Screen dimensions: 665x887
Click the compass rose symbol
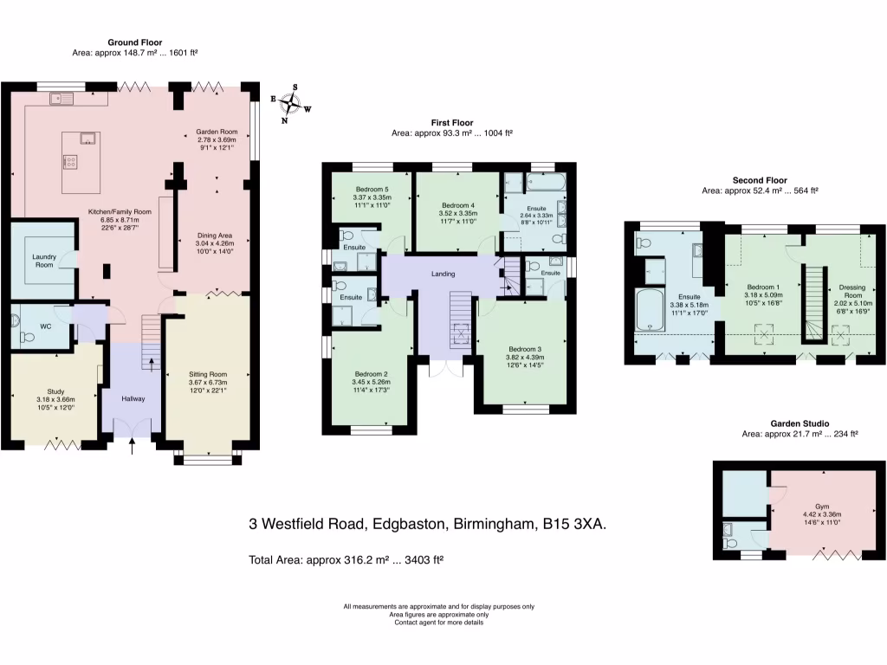coord(295,104)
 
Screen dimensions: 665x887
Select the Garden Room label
coord(215,134)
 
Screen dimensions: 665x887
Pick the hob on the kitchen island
coord(70,161)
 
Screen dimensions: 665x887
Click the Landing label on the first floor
coord(443,274)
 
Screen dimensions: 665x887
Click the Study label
coord(44,391)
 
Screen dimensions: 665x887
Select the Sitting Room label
coord(207,375)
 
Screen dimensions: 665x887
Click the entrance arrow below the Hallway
coord(133,446)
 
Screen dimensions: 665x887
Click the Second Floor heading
coord(760,179)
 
